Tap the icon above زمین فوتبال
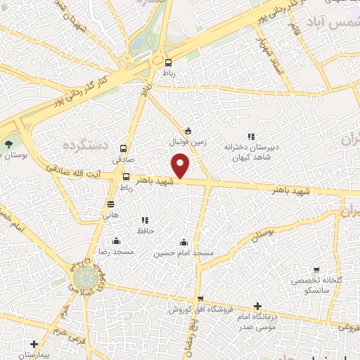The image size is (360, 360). pyautogui.click(x=187, y=130)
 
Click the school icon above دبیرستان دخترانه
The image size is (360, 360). pyautogui.click(x=251, y=137)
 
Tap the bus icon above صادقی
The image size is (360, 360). pyautogui.click(x=124, y=148)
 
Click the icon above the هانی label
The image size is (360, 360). pyautogui.click(x=110, y=204)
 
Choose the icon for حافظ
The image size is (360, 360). pyautogui.click(x=146, y=220)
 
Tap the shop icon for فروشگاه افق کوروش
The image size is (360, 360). pyautogui.click(x=200, y=299)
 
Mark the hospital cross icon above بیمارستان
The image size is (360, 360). pyautogui.click(x=34, y=345)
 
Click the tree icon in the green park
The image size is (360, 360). pyautogui.click(x=8, y=143)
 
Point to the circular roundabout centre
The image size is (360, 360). pyautogui.click(x=84, y=276)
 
